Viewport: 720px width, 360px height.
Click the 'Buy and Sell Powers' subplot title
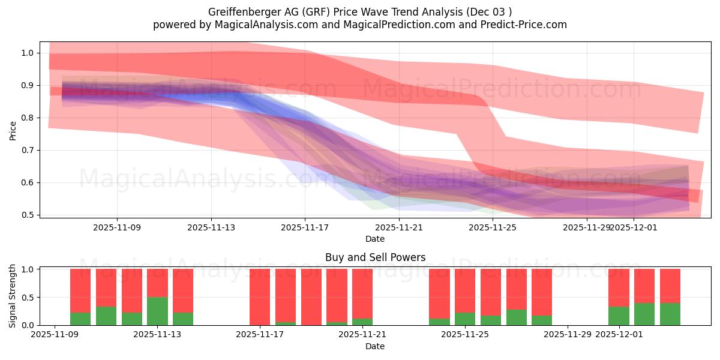375,257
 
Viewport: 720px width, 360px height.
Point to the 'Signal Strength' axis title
13,296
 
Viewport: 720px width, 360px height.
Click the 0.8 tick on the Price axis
28,118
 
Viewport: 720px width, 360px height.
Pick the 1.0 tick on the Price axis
28,53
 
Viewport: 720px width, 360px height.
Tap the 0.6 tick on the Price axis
28,182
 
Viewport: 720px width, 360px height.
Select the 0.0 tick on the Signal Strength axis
28,325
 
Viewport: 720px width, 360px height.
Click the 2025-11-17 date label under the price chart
305,227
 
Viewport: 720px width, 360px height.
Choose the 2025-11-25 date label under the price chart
493,227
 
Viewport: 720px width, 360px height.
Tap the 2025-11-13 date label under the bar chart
157,335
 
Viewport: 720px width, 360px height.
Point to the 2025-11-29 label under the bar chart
568,335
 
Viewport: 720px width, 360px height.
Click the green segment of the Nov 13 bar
157,311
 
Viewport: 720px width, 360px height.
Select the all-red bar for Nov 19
311,297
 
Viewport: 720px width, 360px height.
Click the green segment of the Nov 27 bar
516,317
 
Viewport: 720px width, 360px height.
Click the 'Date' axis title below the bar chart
375,346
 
